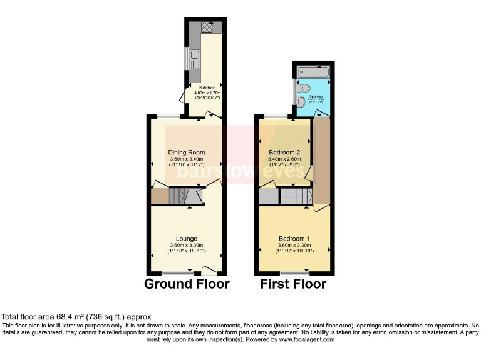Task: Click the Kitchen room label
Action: (207, 87)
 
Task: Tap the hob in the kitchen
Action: (207, 27)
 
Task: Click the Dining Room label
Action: (186, 152)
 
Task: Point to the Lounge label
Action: (187, 239)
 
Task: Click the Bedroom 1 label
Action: (294, 239)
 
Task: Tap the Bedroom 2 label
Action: (284, 152)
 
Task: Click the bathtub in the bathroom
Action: (313, 70)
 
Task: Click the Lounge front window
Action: (177, 272)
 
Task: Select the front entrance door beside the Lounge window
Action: (209, 270)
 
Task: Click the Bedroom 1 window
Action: (294, 272)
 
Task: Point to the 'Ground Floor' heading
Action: (187, 284)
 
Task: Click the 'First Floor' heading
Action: (294, 284)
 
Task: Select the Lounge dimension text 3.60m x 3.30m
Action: (187, 246)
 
